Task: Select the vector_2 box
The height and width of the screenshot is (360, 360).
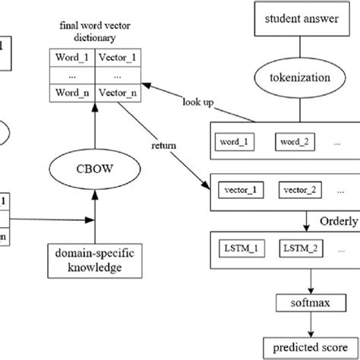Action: click(x=303, y=188)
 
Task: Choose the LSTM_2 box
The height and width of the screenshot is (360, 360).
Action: click(x=303, y=248)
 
